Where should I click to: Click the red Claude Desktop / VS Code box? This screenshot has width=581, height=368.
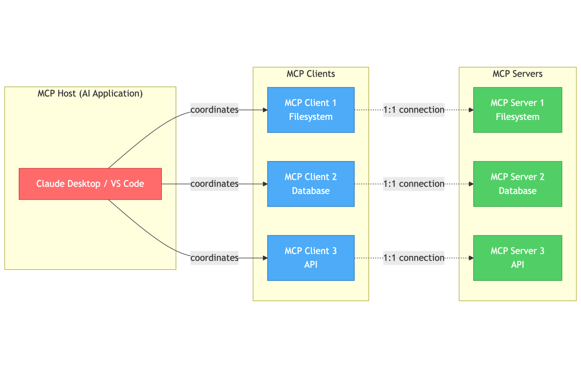click(90, 184)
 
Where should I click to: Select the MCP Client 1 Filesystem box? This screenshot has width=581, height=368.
click(311, 110)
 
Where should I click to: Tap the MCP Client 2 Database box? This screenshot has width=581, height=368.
click(311, 184)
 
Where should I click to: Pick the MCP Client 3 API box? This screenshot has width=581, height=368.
click(311, 258)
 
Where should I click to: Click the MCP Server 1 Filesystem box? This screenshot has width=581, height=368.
click(517, 110)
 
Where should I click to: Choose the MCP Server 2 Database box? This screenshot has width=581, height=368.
click(517, 184)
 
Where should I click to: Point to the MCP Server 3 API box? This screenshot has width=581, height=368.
click(517, 258)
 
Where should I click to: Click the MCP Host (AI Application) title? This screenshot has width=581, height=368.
click(90, 93)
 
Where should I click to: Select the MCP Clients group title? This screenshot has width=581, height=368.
click(311, 74)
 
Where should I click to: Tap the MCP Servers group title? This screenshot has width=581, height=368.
click(517, 74)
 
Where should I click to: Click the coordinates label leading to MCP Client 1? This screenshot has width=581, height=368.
click(214, 110)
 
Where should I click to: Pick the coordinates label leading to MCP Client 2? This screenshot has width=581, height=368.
click(214, 184)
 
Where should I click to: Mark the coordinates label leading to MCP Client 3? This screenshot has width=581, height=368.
click(214, 258)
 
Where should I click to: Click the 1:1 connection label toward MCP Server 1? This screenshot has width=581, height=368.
click(414, 110)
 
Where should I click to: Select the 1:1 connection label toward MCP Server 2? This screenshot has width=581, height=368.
click(414, 184)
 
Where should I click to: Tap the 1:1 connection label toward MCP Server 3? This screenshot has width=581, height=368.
click(414, 258)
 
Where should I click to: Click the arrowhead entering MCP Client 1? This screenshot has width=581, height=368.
click(265, 110)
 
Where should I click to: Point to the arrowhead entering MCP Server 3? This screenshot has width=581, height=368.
click(471, 258)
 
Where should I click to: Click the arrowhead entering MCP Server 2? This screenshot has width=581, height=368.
click(471, 184)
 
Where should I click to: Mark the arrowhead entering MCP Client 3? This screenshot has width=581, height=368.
click(265, 258)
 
